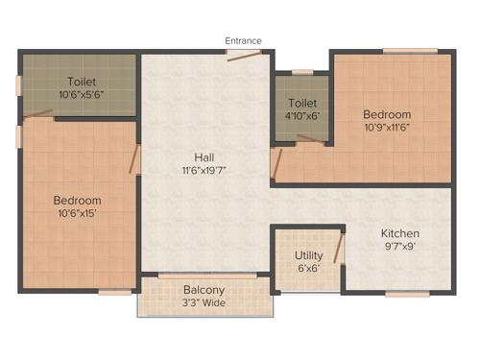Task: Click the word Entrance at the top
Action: pos(243,40)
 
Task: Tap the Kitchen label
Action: pos(400,233)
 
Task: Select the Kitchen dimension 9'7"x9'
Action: pos(400,247)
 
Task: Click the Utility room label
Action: pos(308,255)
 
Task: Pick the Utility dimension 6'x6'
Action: pos(308,269)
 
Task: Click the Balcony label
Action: pos(204,290)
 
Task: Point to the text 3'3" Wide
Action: pos(204,303)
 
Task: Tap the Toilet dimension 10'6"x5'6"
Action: pos(80,94)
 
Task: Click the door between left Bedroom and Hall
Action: pos(134,159)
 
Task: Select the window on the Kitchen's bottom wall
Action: pos(407,293)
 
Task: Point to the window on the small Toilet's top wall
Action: pos(302,71)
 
